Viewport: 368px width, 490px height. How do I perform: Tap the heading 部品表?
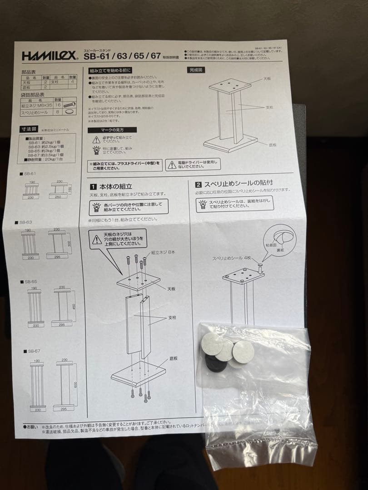[x=30, y=72]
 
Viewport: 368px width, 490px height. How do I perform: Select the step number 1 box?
[x=93, y=186]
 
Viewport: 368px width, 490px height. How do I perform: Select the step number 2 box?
[x=199, y=185]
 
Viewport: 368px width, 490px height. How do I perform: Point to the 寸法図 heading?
[x=29, y=129]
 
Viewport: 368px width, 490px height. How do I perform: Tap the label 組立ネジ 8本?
[x=163, y=252]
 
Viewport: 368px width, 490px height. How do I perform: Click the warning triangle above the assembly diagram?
[x=97, y=238]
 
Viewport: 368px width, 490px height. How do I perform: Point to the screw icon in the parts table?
[x=70, y=104]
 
